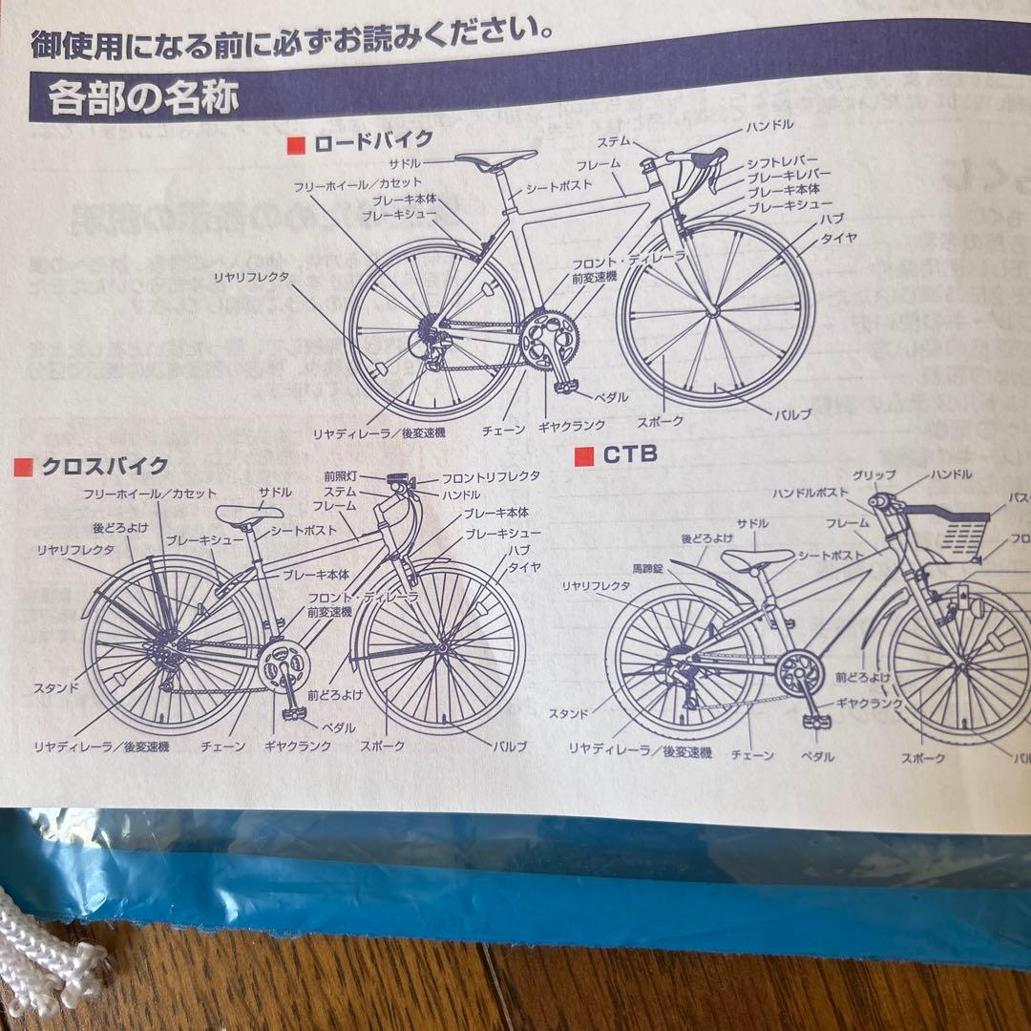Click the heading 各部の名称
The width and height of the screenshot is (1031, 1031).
(142, 97)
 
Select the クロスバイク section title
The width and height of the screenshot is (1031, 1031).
(104, 467)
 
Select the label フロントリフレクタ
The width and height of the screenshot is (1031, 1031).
(491, 475)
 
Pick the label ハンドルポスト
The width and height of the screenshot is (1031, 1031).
(810, 493)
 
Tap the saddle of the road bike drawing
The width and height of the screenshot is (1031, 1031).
(495, 158)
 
